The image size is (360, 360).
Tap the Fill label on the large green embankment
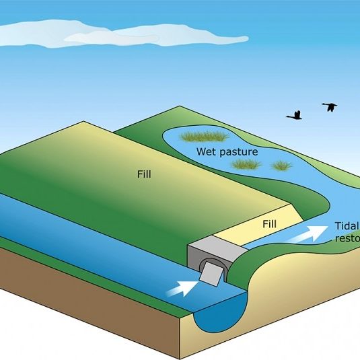pyautogui.click(x=143, y=174)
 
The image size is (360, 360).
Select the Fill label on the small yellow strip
pyautogui.click(x=269, y=223)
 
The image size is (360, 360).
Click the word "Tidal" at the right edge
pyautogui.click(x=347, y=226)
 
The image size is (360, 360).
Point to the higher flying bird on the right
pyautogui.click(x=329, y=106)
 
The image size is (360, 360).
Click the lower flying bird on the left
pyautogui.click(x=294, y=116)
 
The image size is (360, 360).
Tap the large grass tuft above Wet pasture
pyautogui.click(x=205, y=137)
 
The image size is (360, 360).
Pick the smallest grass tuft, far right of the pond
pyautogui.click(x=283, y=164)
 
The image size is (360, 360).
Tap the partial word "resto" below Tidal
pyautogui.click(x=347, y=238)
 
